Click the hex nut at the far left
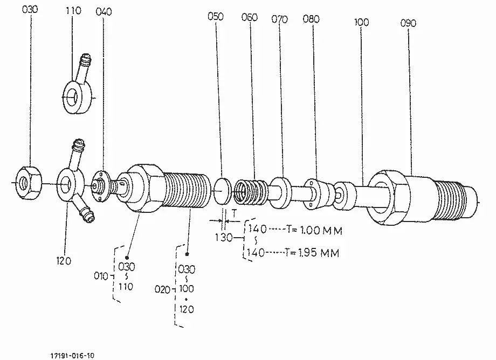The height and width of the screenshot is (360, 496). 29,182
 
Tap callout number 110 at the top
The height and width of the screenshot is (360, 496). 73,11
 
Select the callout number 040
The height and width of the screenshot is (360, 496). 104,12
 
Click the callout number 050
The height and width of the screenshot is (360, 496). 216,16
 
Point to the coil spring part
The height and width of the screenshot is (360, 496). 251,192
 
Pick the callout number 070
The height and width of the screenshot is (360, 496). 280,19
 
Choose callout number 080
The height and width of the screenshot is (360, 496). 311,19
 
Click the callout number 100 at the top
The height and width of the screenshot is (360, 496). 362,22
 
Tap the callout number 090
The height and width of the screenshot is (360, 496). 408,23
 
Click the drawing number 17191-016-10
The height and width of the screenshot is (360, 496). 72,356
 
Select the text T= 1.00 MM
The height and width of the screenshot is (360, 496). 314,230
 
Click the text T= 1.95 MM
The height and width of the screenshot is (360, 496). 312,253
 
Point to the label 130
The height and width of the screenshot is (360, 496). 224,237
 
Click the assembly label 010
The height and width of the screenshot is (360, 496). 101,276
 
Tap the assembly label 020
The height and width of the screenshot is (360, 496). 162,289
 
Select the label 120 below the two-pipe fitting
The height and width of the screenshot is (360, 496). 64,261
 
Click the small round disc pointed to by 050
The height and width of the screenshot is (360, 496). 223,191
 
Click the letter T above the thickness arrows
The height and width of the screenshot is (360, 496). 234,213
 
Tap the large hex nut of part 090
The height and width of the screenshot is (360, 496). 388,198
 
